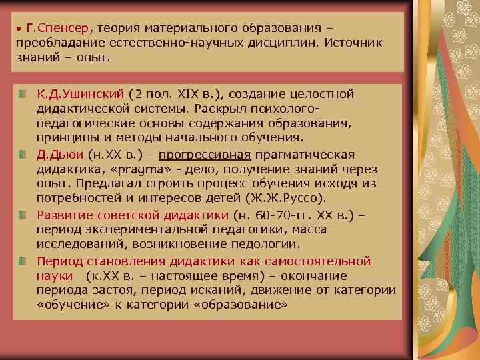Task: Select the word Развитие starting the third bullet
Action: [63, 215]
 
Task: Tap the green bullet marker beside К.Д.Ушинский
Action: [23, 92]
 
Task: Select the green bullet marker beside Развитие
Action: [23, 215]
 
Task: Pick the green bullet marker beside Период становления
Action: [23, 261]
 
